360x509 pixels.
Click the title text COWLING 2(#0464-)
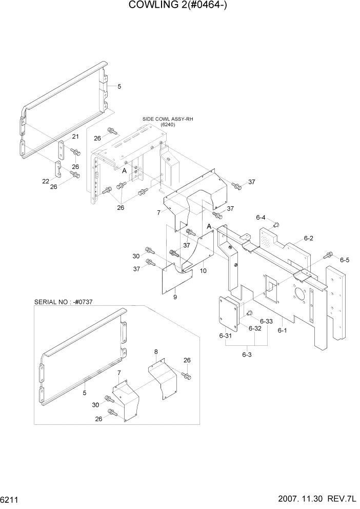pos(179,6)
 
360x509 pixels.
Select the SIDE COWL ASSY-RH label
pos(167,119)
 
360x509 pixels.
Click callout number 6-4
pos(261,218)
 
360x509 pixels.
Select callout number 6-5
pos(344,260)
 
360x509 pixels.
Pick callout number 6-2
pos(308,238)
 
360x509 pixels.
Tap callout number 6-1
pos(282,331)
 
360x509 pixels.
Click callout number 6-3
pos(247,355)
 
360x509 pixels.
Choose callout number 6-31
pos(226,336)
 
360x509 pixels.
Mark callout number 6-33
pos(266,322)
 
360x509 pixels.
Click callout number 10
pos(203,270)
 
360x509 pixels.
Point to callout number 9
pos(175,297)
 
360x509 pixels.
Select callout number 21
pos(75,136)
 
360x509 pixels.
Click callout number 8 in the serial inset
pos(156,352)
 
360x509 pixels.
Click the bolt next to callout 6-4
pos(276,224)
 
